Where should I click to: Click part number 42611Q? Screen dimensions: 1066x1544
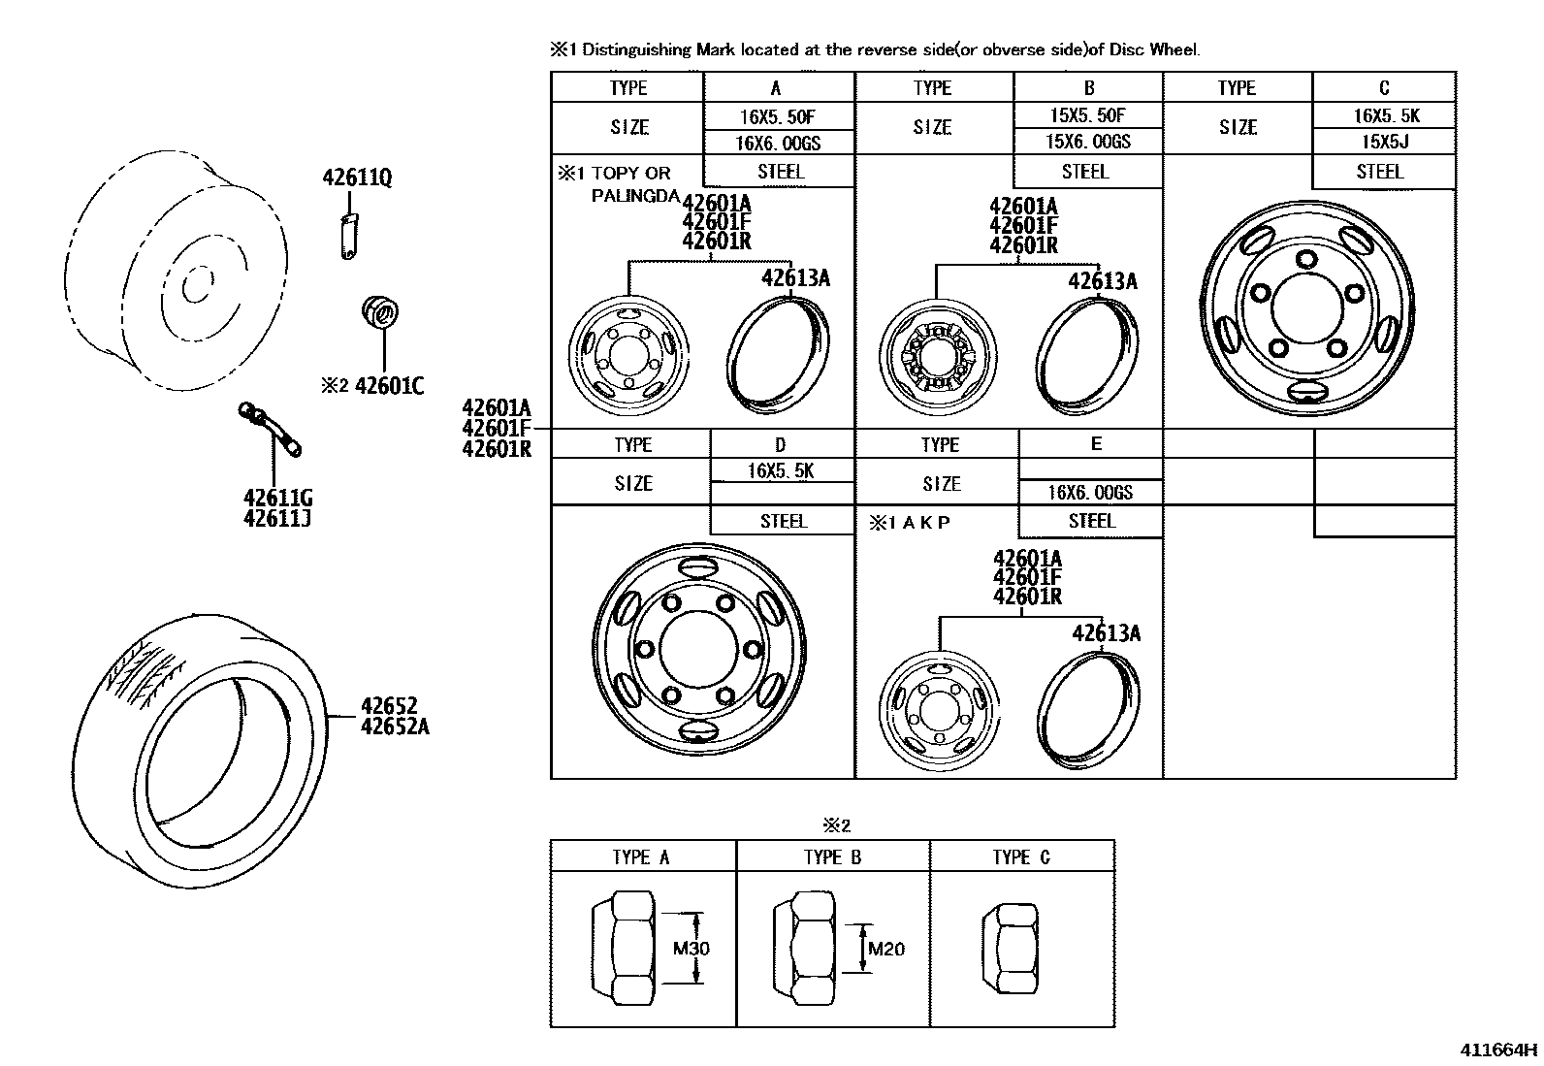coord(357,178)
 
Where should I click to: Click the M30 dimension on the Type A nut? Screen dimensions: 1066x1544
coord(692,948)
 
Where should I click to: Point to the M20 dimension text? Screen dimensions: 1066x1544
coord(885,948)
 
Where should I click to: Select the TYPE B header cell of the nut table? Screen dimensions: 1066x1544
coord(832,856)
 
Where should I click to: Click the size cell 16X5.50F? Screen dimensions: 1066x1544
coord(777,116)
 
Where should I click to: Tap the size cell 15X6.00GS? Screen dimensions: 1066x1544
coord(1087,142)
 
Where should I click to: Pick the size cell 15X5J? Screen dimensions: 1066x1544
coord(1385,142)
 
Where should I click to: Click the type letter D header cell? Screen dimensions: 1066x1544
coord(781,444)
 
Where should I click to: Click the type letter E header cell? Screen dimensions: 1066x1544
coord(1095,443)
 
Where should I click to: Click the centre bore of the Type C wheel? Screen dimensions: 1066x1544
coord(1306,306)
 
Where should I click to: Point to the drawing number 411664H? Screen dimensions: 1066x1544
coord(1498,1050)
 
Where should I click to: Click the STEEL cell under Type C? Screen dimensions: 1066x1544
coord(1380,172)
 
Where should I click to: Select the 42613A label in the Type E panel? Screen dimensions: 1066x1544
coord(1106,633)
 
